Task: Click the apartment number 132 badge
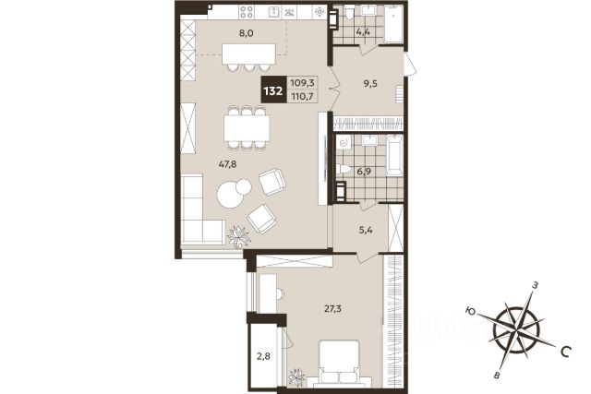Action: tap(273, 90)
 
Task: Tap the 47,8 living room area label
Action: tap(227, 164)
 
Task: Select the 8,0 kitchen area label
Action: tap(247, 33)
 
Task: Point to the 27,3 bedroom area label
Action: tap(332, 309)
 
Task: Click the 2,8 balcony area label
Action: tap(263, 355)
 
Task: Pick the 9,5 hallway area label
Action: tap(370, 83)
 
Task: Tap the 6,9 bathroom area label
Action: tap(364, 172)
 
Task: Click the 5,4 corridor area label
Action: tap(366, 230)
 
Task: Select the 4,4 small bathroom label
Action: tap(363, 31)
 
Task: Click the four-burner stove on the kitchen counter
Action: tap(247, 12)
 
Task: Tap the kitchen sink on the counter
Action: tap(273, 12)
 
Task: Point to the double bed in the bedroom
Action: tap(339, 363)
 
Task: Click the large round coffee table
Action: tap(230, 195)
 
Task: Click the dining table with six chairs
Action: tap(247, 128)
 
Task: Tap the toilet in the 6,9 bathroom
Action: tap(343, 170)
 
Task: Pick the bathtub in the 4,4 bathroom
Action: tap(393, 24)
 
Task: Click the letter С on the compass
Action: tap(565, 352)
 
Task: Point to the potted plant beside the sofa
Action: tap(238, 236)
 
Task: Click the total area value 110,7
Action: tap(303, 97)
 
